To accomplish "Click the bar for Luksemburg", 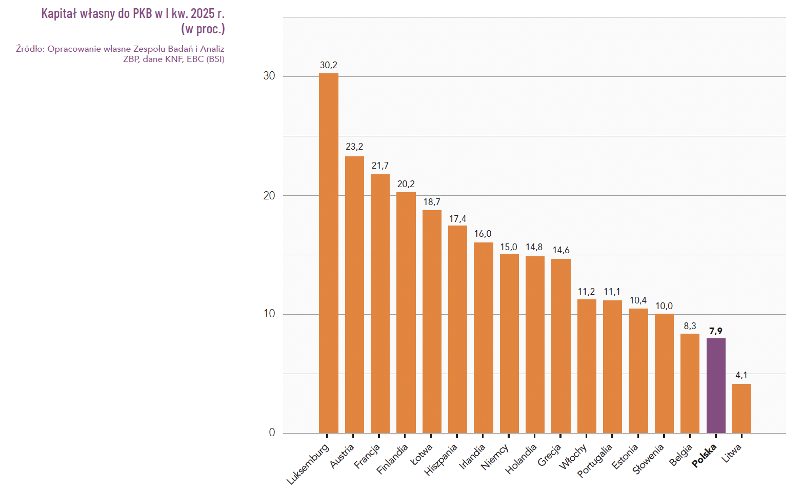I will [328, 253].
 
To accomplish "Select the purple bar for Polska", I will [716, 385].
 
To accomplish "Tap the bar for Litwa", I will [741, 409].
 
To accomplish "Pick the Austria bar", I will [354, 295].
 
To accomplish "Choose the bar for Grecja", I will [560, 346].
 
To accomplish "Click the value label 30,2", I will [328, 65].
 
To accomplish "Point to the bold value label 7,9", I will [716, 331].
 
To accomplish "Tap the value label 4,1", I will [741, 375].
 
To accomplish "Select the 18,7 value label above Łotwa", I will [432, 202].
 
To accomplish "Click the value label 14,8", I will [534, 247].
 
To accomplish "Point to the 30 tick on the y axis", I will [269, 76].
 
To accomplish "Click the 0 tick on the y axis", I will [272, 433].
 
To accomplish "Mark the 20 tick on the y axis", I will [269, 195].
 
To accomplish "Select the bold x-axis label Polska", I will [704, 456].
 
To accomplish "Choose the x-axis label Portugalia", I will [595, 460].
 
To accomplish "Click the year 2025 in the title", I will [202, 13].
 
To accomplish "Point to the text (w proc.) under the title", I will [203, 29].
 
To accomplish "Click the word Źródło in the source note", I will [30, 49].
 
